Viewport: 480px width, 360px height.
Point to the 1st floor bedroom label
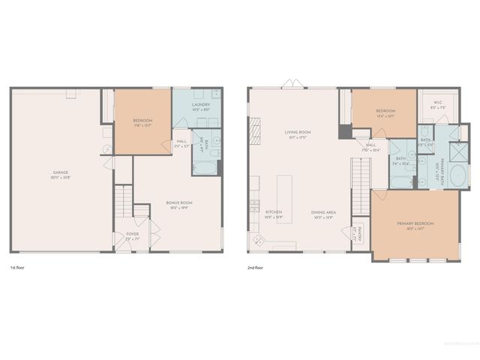pos(142,121)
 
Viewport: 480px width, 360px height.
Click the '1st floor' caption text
pos(16,268)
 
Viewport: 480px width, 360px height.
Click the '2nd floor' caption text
pos(255,268)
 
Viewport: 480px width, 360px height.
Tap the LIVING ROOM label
pos(297,133)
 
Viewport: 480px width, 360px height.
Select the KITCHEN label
pos(274,213)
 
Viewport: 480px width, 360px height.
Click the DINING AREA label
pos(323,213)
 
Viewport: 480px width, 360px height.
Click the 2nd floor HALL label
pos(370,147)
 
